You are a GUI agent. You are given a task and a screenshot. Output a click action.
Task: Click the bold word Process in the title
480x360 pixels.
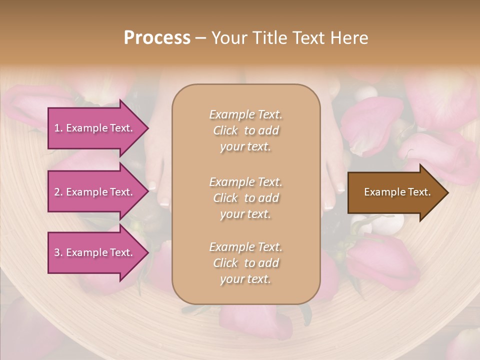click(x=157, y=38)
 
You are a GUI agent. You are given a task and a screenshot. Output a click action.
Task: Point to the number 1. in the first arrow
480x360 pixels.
click(x=58, y=128)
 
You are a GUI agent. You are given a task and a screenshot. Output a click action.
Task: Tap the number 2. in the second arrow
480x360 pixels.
click(x=58, y=192)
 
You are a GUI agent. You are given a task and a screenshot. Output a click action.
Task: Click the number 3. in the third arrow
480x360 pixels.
click(x=58, y=252)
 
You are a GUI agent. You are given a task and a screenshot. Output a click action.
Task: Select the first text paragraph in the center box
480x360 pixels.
click(x=245, y=130)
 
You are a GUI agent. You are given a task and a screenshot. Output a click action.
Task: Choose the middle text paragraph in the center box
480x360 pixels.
click(x=245, y=198)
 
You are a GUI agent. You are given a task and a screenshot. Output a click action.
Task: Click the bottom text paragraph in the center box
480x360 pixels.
click(x=245, y=263)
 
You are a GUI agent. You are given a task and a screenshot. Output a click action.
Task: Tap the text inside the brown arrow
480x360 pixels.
click(x=397, y=192)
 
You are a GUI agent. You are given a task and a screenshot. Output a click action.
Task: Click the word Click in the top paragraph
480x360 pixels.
click(x=225, y=131)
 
